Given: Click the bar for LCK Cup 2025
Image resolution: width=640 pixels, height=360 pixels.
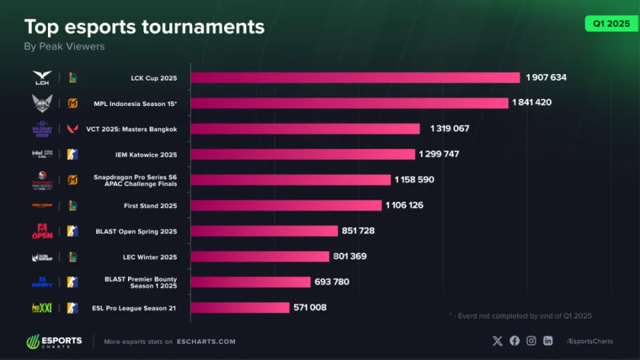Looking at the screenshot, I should tap(355, 78).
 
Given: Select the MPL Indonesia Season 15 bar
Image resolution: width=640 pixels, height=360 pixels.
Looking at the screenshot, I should tap(349, 103).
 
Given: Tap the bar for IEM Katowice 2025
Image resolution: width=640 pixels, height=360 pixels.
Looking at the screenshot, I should tap(303, 154).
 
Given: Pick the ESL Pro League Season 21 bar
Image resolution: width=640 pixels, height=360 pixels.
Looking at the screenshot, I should tap(240, 308).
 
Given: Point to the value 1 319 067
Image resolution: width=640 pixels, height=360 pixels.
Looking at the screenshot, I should tap(450, 129).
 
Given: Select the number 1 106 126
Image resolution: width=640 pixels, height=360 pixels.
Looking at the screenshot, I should tap(404, 205).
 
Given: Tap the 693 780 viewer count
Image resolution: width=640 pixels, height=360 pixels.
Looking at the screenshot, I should tap(331, 282).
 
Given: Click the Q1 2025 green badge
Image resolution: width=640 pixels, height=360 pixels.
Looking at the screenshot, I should tap(607, 23).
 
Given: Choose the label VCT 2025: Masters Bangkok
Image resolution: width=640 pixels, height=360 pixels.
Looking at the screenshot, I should tap(131, 129).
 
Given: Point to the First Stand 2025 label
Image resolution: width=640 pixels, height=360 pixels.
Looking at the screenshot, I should tap(150, 205).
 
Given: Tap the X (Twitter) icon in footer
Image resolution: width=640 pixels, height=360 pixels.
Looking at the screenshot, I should tap(497, 341).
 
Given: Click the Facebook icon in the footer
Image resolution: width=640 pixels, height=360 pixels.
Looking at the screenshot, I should tap(515, 341).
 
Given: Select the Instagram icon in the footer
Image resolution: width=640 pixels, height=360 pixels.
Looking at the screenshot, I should tap(531, 341).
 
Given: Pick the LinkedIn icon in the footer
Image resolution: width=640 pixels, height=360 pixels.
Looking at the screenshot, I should tap(548, 341).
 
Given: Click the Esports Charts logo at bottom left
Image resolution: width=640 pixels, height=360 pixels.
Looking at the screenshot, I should tap(54, 341).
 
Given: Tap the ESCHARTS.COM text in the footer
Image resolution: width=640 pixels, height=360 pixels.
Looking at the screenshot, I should tap(206, 342).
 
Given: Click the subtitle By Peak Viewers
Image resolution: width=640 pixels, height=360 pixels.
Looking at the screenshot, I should tap(64, 47).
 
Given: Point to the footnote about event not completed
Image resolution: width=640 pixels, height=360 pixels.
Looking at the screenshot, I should tap(521, 316).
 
